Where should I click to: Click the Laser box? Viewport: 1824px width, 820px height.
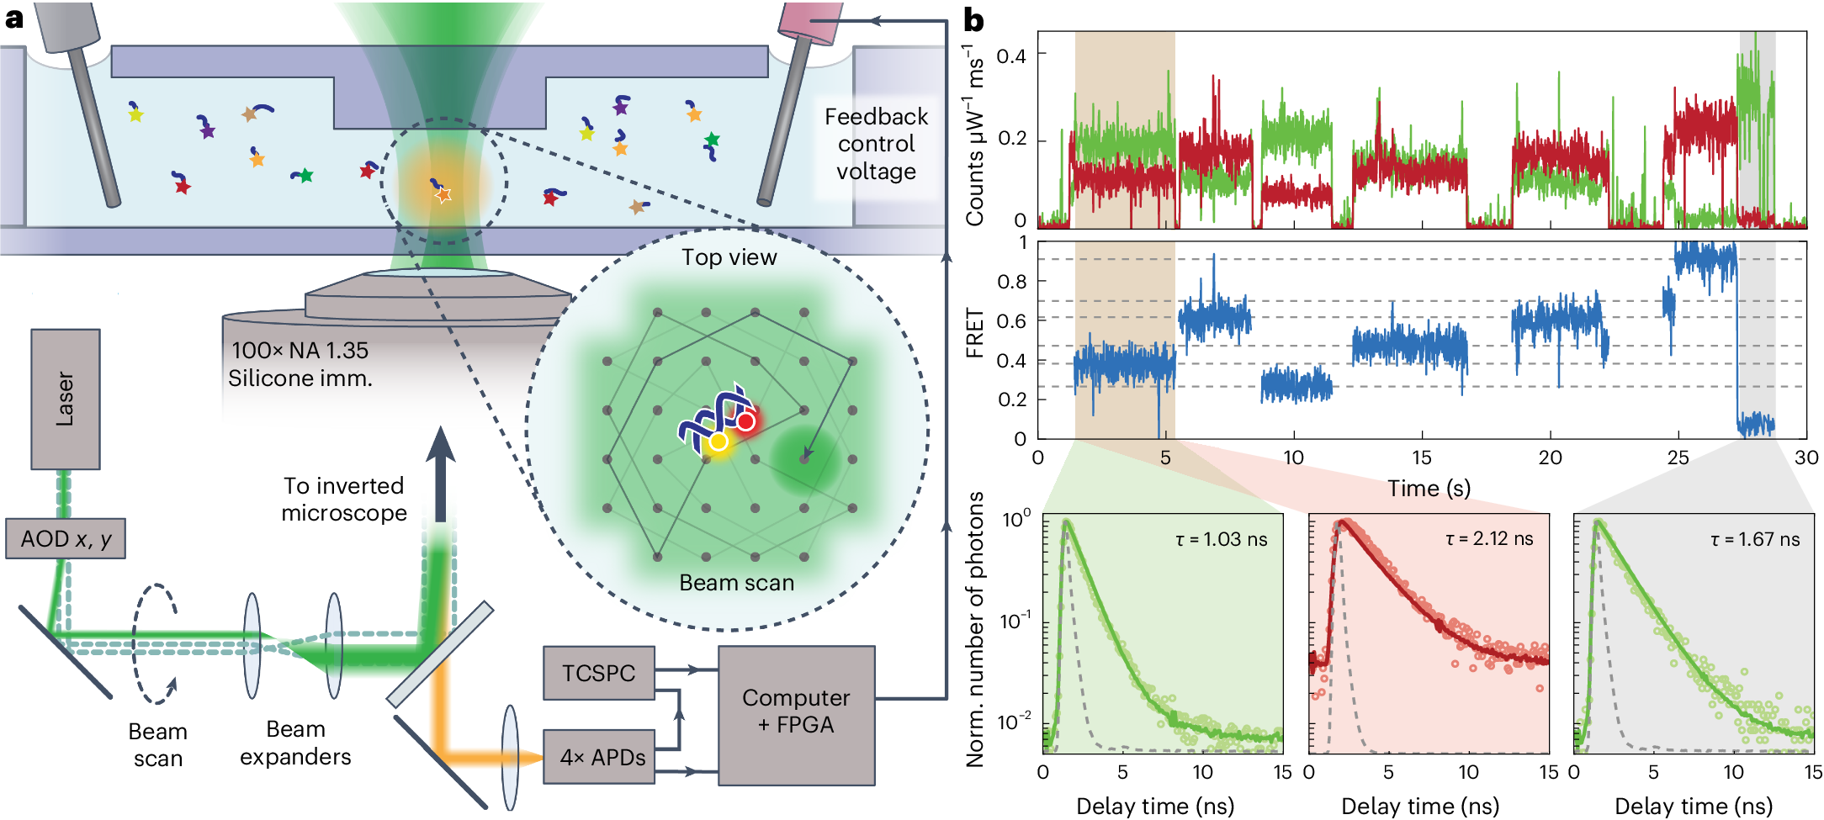point(66,399)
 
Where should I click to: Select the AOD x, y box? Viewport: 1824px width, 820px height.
point(66,539)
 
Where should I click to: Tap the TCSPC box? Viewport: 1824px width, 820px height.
point(598,673)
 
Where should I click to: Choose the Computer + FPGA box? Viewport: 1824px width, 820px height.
point(796,712)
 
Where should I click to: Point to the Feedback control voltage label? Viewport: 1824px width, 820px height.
point(876,144)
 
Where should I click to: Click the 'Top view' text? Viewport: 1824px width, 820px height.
point(729,257)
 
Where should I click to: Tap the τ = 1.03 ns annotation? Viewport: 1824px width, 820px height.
point(1221,539)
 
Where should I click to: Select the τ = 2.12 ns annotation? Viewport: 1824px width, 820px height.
point(1488,539)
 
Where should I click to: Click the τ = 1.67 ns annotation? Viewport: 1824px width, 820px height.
point(1755,539)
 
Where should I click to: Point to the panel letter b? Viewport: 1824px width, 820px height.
point(973,20)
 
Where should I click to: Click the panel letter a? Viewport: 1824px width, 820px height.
point(14,17)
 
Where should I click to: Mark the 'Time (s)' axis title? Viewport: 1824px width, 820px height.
point(1429,488)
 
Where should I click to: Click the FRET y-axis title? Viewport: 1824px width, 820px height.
point(975,333)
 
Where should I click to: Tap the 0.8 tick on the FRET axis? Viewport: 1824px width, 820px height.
point(1011,282)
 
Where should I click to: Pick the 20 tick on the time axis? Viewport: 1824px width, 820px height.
point(1550,458)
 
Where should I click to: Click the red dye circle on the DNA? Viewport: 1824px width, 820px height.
point(745,421)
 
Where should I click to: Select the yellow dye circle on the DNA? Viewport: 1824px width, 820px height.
point(718,442)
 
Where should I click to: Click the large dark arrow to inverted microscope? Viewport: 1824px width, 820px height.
point(440,471)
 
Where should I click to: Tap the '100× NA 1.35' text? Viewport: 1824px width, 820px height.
point(300,350)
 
